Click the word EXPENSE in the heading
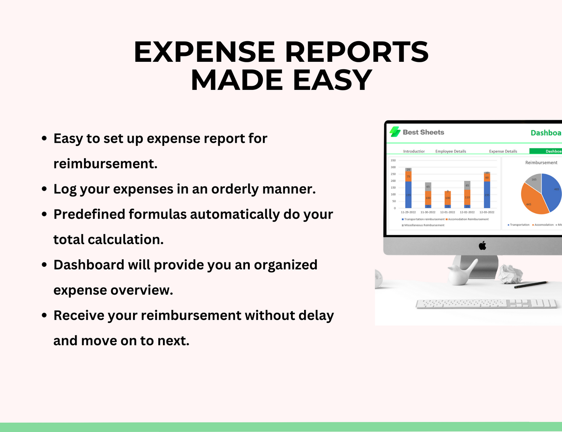point(205,52)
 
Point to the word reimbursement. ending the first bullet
point(105,164)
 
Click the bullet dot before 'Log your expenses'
point(44,189)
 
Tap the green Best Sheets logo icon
point(395,132)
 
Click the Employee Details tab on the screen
point(450,151)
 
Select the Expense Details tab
point(503,151)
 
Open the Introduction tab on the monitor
point(414,151)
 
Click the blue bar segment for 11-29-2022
point(408,194)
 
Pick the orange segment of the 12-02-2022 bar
point(467,197)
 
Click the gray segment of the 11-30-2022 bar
point(428,187)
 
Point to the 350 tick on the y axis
point(393,160)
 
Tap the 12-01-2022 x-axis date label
point(448,212)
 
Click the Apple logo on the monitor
point(482,245)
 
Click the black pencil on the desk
point(531,285)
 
